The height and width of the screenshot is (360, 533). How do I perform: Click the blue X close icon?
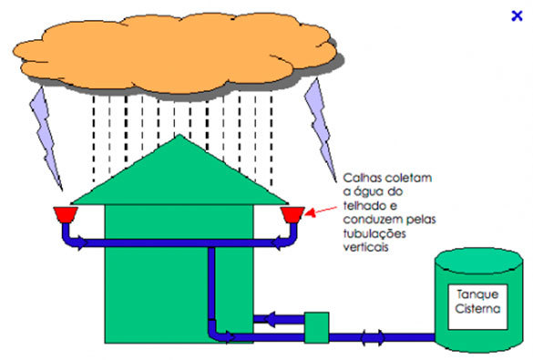(517, 14)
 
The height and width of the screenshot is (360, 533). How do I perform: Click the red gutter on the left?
(64, 215)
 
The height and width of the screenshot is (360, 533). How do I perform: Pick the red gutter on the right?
(292, 215)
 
